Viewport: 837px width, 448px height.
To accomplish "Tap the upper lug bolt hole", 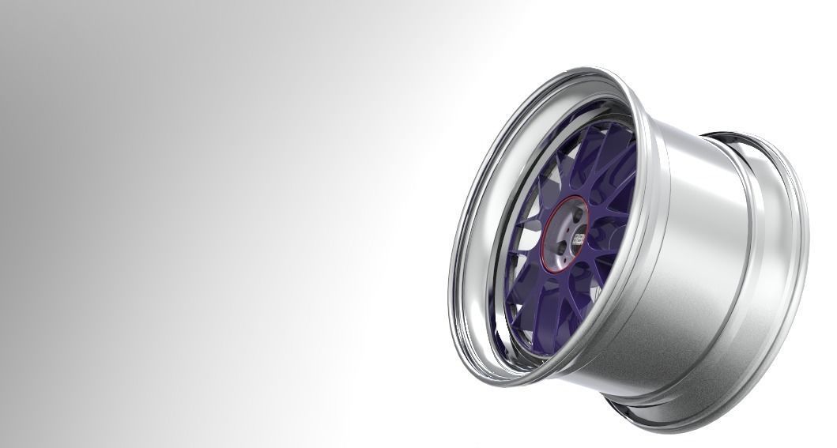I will tap(577, 214).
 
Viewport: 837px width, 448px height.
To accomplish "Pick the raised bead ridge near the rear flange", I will tap(755, 261).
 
